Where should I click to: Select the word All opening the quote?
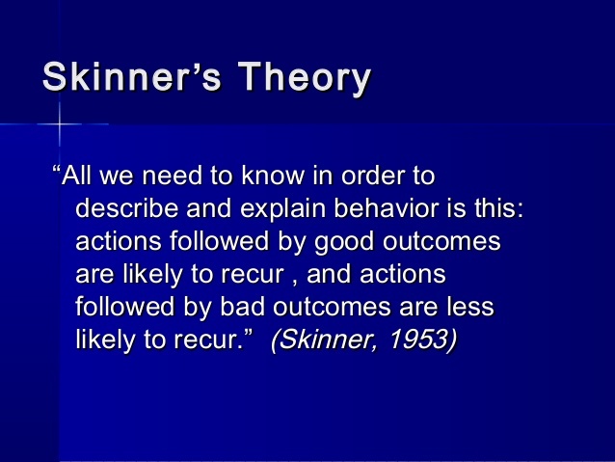80,178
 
